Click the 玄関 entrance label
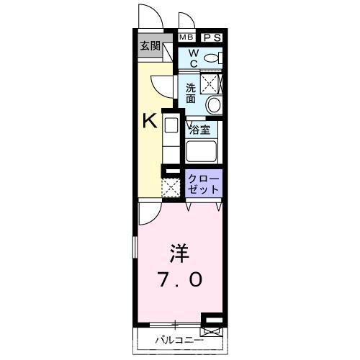pos(150,46)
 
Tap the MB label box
pos(186,37)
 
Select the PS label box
pos(212,37)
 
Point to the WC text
pos(194,58)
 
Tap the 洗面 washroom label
pos(191,92)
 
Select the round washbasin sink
pos(214,105)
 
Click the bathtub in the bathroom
pos(204,151)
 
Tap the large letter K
pos(149,120)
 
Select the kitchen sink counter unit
pos(171,137)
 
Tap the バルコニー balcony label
pos(178,340)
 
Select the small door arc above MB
pos(186,21)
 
